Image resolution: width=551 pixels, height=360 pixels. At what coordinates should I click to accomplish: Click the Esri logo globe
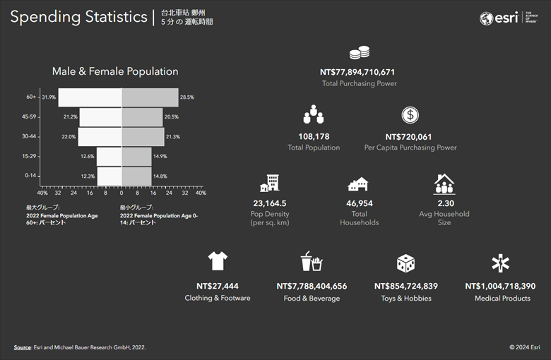[x=487, y=19]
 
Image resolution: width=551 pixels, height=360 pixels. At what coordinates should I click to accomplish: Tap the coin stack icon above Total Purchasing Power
[x=359, y=53]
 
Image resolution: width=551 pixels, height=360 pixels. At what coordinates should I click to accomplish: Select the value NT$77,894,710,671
[x=358, y=72]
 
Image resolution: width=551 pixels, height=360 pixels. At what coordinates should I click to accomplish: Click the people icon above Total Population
[x=313, y=114]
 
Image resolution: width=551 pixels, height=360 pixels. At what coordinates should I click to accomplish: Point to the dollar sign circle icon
[x=410, y=115]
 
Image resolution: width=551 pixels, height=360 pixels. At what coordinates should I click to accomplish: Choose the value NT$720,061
[x=410, y=136]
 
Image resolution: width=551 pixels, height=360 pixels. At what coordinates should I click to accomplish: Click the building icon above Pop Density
[x=269, y=184]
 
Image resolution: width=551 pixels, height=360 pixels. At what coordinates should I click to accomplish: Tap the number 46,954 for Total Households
[x=359, y=203]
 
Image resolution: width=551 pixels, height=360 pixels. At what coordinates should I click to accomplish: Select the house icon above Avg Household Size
[x=444, y=184]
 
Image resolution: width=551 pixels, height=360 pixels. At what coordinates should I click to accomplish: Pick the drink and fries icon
[x=312, y=262]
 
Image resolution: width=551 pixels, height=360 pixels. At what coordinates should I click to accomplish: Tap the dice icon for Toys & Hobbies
[x=405, y=263]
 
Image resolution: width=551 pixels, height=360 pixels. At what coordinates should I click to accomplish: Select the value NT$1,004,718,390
[x=500, y=286]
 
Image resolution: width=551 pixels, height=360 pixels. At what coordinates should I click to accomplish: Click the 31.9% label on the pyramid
[x=49, y=97]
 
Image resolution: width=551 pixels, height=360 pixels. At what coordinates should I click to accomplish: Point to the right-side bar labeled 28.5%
[x=150, y=97]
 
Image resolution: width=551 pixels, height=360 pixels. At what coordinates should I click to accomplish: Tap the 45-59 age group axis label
[x=30, y=116]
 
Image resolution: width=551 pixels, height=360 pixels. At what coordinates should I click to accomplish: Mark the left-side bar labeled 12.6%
[x=109, y=156]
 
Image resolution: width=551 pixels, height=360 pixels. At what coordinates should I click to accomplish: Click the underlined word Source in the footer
[x=22, y=347]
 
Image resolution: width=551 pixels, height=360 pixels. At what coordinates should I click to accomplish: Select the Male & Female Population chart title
[x=115, y=71]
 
